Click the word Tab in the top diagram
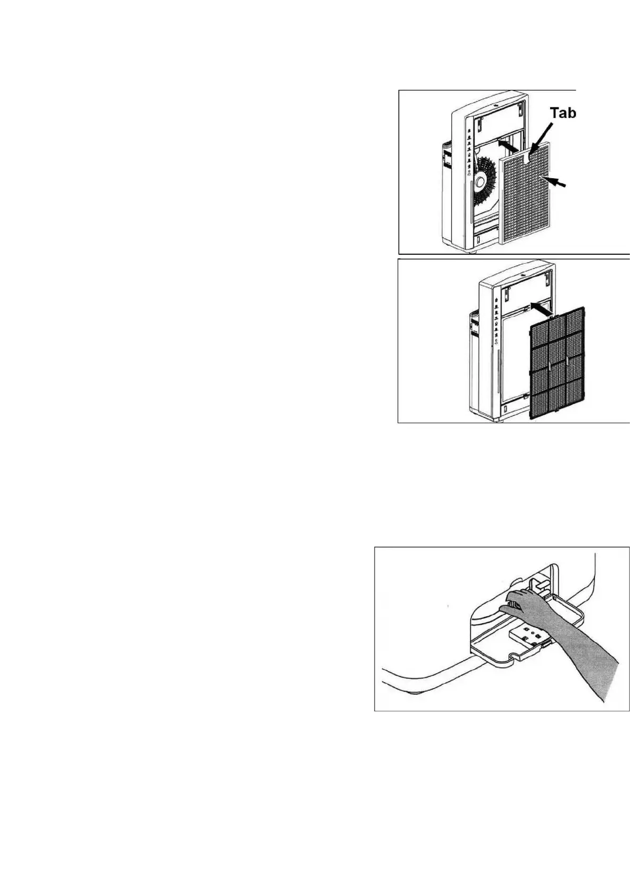[x=563, y=113]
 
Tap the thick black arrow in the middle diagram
[x=542, y=309]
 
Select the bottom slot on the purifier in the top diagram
[x=479, y=239]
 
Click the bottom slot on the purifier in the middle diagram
[x=505, y=410]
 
